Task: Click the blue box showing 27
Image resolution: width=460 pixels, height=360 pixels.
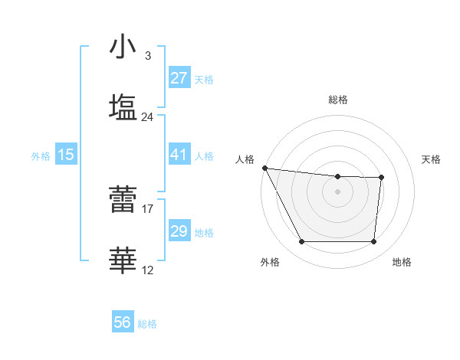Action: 179,78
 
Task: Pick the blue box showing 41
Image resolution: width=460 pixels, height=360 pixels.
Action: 179,155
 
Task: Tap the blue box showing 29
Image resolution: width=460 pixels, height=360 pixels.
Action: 179,231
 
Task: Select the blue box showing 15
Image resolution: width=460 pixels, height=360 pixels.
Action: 66,155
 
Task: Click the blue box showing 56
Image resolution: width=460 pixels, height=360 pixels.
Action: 123,323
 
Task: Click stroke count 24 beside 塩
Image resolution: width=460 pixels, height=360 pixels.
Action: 147,117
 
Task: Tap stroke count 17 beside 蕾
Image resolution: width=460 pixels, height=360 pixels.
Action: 148,208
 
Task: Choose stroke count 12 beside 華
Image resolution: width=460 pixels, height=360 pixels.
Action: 148,270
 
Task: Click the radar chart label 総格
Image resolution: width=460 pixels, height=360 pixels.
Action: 338,100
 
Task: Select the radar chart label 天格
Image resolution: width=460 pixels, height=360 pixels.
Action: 432,159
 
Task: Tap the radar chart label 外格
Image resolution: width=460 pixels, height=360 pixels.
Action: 270,262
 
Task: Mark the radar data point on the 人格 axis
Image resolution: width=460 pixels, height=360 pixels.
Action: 264,168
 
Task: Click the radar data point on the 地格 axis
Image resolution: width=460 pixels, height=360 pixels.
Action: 373,242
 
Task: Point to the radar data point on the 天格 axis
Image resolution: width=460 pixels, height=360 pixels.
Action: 381,178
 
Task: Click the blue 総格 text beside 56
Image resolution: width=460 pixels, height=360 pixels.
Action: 147,324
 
